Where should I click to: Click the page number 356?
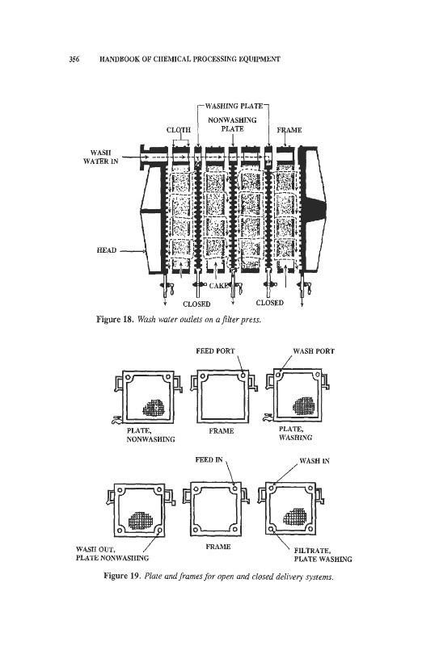(x=74, y=59)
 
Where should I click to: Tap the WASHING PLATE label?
(x=234, y=106)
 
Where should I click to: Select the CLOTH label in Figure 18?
(x=179, y=130)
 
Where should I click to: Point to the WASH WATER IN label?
(x=101, y=157)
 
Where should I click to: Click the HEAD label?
(x=107, y=250)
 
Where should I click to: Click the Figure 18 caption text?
(x=179, y=319)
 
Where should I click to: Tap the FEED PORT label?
(x=215, y=351)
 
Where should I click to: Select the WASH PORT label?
(x=314, y=351)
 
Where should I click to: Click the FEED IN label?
(x=209, y=459)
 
